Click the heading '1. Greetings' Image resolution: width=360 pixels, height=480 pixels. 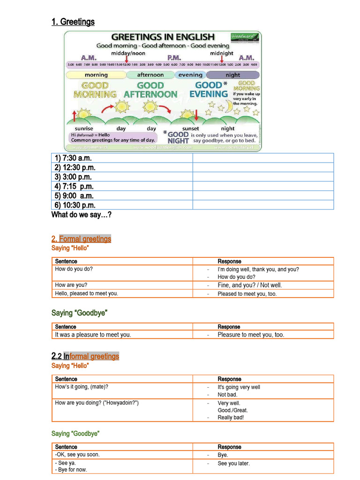pyautogui.click(x=73, y=22)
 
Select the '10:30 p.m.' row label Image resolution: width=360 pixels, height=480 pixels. pyautogui.click(x=75, y=205)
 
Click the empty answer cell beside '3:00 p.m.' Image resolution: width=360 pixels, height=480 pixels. pyautogui.click(x=263, y=177)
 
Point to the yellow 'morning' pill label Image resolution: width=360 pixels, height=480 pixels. pyautogui.click(x=96, y=75)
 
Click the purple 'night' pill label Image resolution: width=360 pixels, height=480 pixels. pyautogui.click(x=232, y=75)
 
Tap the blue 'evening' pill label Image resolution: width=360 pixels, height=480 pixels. pyautogui.click(x=190, y=75)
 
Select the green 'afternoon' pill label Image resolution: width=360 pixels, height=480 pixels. pyautogui.click(x=150, y=75)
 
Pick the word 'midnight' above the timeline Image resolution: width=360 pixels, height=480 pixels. pyautogui.click(x=221, y=53)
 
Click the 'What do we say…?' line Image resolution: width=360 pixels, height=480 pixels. pyautogui.click(x=81, y=215)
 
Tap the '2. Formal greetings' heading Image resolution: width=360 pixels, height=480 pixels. pyautogui.click(x=81, y=239)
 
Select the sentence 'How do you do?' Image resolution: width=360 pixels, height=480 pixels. pyautogui.click(x=74, y=269)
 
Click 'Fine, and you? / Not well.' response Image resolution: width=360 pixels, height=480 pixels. pyautogui.click(x=250, y=285)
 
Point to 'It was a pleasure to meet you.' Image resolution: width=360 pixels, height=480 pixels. pyautogui.click(x=93, y=335)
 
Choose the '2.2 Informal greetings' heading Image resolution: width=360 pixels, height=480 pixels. pyautogui.click(x=85, y=356)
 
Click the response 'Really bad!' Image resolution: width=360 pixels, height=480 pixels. pyautogui.click(x=231, y=418)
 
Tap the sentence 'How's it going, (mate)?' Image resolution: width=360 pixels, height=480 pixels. pyautogui.click(x=85, y=387)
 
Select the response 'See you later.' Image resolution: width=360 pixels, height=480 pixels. pyautogui.click(x=233, y=463)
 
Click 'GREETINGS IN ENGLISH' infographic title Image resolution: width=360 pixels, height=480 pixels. pyautogui.click(x=162, y=37)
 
